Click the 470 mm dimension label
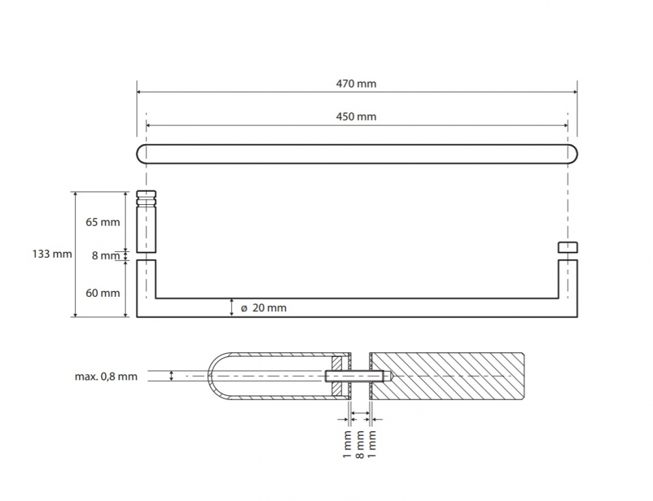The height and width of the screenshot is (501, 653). point(356,83)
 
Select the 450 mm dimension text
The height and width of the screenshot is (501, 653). point(356,117)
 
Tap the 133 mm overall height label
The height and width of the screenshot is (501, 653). point(52,254)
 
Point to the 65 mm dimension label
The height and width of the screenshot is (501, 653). point(103,222)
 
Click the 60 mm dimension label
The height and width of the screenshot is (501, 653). point(103,293)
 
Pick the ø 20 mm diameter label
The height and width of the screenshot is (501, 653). point(264,308)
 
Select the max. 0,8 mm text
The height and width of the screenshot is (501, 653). point(106,376)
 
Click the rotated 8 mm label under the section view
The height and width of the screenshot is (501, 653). point(360,444)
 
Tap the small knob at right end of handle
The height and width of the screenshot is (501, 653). point(567,247)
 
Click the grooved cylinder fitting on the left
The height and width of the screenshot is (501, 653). point(146,222)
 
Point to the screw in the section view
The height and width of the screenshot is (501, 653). point(358,376)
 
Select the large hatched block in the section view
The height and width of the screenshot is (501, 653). point(447,376)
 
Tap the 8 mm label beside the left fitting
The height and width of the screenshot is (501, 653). point(105,256)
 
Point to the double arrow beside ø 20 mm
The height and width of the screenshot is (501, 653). point(232,307)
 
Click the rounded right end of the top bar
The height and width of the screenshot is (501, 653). point(573,154)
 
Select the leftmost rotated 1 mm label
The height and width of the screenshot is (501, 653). point(347,444)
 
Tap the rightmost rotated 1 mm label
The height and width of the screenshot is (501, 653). point(372,444)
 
